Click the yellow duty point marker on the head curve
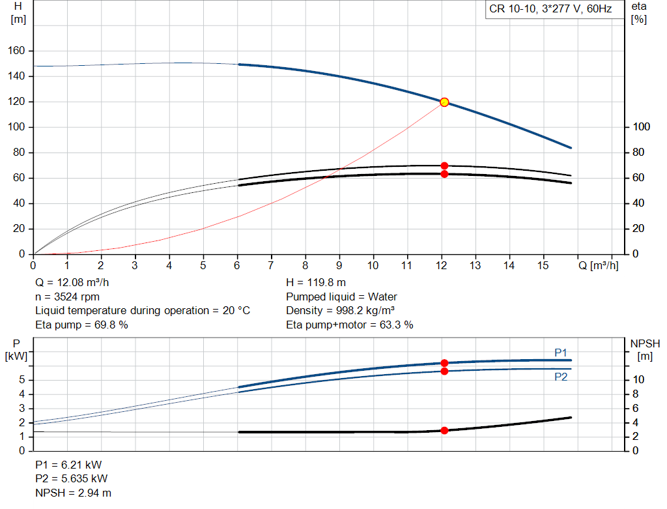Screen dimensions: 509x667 pyautogui.click(x=444, y=102)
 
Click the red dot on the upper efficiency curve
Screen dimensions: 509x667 pyautogui.click(x=444, y=166)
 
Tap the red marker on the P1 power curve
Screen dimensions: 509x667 pyautogui.click(x=444, y=363)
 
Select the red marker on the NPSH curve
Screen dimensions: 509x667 pyautogui.click(x=444, y=430)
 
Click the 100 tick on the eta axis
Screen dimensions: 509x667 pyautogui.click(x=640, y=127)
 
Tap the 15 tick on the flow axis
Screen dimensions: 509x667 pyautogui.click(x=543, y=265)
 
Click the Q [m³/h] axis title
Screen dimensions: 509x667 pyautogui.click(x=597, y=265)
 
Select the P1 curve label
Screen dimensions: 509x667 pyautogui.click(x=561, y=353)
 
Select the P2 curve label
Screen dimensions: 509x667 pyautogui.click(x=561, y=377)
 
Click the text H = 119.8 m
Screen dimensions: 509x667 pyautogui.click(x=317, y=283)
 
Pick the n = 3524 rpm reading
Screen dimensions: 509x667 pyautogui.click(x=67, y=297)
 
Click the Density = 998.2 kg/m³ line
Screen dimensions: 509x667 pyautogui.click(x=341, y=311)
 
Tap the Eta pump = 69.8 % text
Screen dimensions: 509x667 pyautogui.click(x=81, y=325)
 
